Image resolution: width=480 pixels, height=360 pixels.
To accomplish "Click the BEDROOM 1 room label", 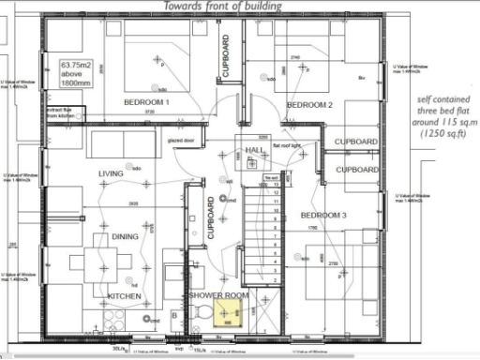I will (x=140, y=100).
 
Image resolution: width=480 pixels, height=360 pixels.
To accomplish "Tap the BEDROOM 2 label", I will (x=310, y=104).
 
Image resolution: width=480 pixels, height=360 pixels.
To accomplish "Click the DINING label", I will (x=126, y=237).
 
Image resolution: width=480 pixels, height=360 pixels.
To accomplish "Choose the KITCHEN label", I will (x=126, y=296).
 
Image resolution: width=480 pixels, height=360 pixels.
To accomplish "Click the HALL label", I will (x=255, y=150).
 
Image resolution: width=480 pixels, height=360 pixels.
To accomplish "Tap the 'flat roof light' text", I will (x=286, y=146).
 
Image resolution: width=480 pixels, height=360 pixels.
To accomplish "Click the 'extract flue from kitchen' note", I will (x=58, y=112).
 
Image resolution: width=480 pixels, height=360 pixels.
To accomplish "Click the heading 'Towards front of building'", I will (x=221, y=7).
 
